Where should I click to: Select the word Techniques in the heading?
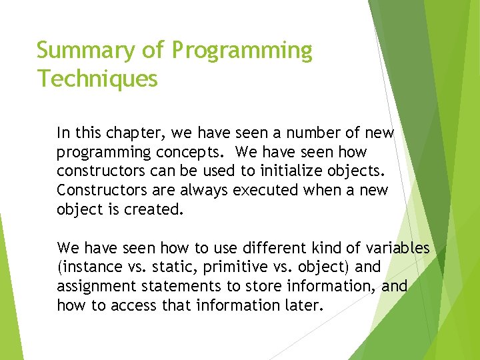[x=97, y=79]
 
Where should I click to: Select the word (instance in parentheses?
[x=87, y=267]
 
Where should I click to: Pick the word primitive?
[x=229, y=267]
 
